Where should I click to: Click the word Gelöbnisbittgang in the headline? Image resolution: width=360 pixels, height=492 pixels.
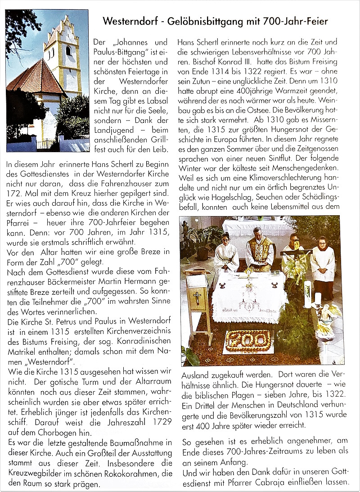point(211,21)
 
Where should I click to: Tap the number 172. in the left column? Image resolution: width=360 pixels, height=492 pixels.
point(16,193)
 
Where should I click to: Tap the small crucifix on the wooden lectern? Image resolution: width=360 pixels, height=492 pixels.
point(197,297)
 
